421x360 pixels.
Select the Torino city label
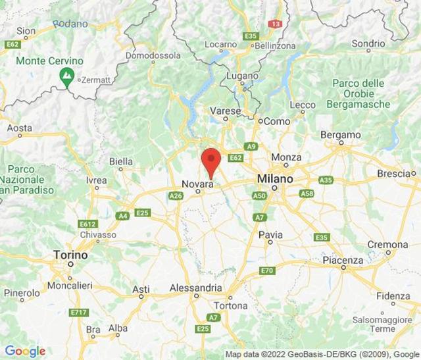point(70,254)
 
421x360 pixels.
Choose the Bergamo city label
point(341,135)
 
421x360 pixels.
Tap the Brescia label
point(394,174)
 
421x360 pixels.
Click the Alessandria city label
point(195,288)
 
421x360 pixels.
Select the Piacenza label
point(343,261)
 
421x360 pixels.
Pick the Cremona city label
point(387,244)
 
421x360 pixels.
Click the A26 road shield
point(176,196)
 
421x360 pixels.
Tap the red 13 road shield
point(275,24)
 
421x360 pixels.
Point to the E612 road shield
point(88,224)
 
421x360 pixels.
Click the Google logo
point(25,351)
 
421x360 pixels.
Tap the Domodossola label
point(153,55)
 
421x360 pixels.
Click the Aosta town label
point(19,128)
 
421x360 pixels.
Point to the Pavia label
point(270,234)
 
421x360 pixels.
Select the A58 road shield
point(306,193)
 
